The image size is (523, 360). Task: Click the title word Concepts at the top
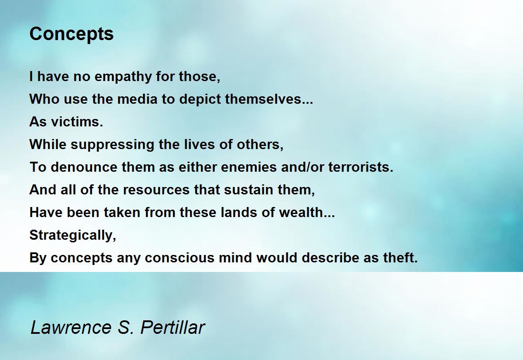[71, 34]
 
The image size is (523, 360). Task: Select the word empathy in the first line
[123, 77]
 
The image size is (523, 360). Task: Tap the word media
[138, 99]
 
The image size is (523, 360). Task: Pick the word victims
[77, 122]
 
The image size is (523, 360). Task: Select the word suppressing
[112, 145]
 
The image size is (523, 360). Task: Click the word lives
[199, 144]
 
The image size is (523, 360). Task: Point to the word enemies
[249, 167]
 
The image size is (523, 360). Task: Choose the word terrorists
[361, 167]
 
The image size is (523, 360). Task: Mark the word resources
[156, 190]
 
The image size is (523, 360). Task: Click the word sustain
[249, 189]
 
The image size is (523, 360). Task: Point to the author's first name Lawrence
[71, 327]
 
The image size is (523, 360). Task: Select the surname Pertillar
[173, 327]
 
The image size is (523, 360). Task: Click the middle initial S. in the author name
[126, 327]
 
